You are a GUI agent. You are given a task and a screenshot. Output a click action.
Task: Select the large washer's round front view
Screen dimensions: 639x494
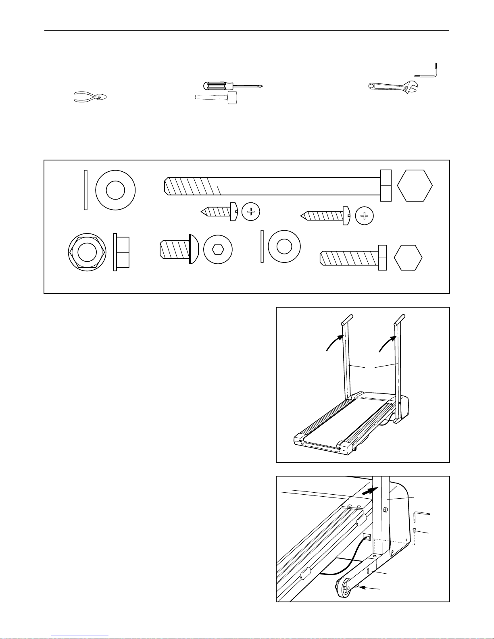coord(115,189)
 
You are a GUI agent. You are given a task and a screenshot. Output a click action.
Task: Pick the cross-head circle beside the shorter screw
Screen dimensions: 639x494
coord(251,212)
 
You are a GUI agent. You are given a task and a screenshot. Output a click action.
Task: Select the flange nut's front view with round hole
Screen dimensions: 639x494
coord(87,252)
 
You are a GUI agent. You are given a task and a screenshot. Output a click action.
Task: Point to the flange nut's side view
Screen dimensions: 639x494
coord(121,252)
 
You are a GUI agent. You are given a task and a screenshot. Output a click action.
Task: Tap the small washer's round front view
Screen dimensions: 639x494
coord(284,246)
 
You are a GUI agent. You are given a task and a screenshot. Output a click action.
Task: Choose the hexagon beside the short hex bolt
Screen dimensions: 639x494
coord(408,257)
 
